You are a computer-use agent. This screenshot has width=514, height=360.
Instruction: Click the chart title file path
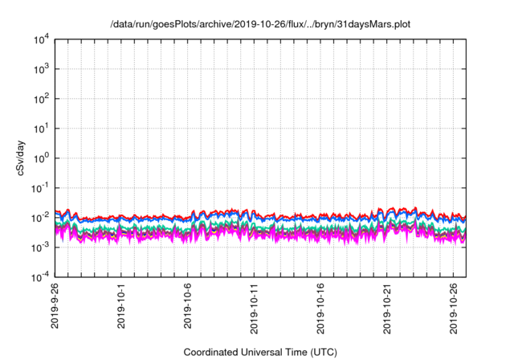coord(260,24)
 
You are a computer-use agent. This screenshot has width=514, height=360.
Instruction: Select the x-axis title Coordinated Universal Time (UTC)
coord(260,352)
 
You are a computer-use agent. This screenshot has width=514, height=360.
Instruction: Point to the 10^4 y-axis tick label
coord(41,39)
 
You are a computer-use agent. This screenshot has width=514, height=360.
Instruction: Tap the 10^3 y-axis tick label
coord(41,69)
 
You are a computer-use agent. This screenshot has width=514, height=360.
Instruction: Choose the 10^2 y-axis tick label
coord(41,99)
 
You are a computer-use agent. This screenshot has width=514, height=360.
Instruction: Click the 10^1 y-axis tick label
coord(41,129)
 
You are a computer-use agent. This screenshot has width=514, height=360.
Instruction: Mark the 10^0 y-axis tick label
coord(41,158)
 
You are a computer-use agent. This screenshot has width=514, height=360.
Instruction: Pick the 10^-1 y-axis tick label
coord(40,188)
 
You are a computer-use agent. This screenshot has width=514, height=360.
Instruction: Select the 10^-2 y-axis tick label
coord(40,218)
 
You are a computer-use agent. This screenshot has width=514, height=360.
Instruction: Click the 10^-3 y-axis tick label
coord(40,247)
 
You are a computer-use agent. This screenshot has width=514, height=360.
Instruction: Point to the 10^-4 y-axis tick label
coord(40,277)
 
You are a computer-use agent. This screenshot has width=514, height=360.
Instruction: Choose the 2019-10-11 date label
coord(254,309)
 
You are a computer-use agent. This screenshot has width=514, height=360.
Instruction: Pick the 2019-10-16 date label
coord(320,309)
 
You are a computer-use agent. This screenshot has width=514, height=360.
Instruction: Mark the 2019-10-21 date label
coord(387,309)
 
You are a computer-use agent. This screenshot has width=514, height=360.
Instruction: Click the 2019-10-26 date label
coord(454,309)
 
